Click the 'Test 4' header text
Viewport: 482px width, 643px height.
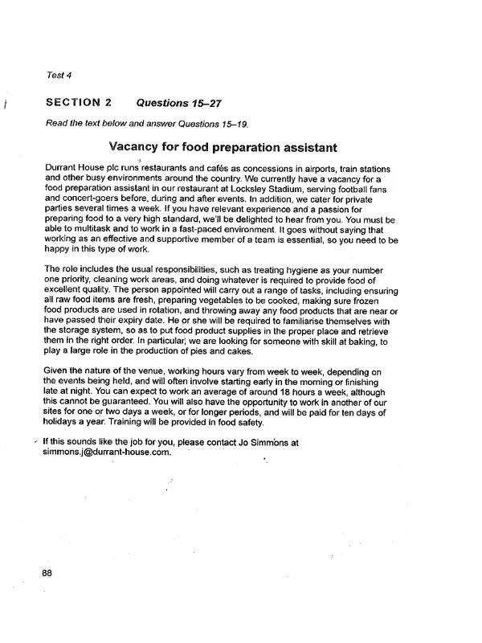point(59,76)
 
